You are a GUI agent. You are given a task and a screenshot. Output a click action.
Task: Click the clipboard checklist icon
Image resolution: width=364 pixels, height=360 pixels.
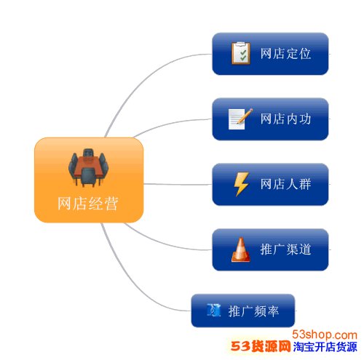click(x=241, y=53)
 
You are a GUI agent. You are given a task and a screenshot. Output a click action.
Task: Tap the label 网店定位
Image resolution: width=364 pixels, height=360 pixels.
click(x=285, y=54)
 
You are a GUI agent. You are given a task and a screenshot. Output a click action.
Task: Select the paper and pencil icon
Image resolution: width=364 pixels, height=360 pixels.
click(x=240, y=119)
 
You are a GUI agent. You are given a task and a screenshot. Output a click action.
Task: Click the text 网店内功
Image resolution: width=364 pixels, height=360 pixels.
click(x=285, y=119)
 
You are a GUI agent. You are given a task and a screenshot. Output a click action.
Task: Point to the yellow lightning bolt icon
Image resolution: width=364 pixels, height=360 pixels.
click(x=241, y=184)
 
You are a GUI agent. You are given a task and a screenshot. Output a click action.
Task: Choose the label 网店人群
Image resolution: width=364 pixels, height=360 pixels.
click(x=285, y=184)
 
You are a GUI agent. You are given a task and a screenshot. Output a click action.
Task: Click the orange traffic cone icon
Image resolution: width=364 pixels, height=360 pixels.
click(x=241, y=249)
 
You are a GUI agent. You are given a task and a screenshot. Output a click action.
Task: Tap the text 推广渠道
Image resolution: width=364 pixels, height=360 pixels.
click(x=285, y=249)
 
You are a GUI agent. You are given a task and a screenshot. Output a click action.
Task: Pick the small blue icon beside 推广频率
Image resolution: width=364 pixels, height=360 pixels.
click(x=214, y=310)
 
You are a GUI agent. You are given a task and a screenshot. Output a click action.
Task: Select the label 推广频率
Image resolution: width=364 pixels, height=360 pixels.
click(x=253, y=311)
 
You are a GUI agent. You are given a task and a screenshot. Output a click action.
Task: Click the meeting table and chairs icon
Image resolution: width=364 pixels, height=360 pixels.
click(x=88, y=167)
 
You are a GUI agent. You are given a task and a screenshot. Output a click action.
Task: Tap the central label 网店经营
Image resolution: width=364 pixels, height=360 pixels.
click(x=88, y=203)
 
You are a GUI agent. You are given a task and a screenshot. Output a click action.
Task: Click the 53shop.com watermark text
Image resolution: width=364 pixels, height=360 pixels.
click(x=325, y=335)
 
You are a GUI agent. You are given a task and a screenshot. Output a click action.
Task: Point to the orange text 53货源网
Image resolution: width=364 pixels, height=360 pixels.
click(x=261, y=346)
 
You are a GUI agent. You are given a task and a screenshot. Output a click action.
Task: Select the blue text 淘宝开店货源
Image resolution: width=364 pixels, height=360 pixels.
click(x=325, y=347)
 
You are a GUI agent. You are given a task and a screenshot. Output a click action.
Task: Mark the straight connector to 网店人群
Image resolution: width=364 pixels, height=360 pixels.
click(x=178, y=185)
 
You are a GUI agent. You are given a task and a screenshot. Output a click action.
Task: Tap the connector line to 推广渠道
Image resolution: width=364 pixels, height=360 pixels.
click(x=165, y=242)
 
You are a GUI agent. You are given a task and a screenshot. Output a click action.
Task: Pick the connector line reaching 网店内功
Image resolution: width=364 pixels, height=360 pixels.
click(x=170, y=124)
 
